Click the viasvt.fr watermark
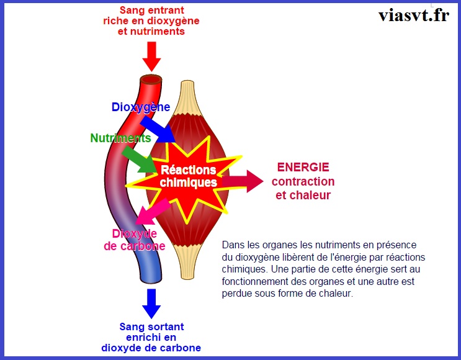(x=413, y=15)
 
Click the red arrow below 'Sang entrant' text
(x=151, y=56)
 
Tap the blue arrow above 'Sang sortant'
(x=151, y=302)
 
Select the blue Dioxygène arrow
(x=162, y=128)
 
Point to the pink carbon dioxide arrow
(x=150, y=212)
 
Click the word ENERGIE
(x=303, y=168)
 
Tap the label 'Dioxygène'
(x=141, y=107)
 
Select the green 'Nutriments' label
(x=120, y=138)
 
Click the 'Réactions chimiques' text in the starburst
(x=189, y=176)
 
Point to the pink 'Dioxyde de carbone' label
(x=135, y=240)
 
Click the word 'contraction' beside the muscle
(x=303, y=182)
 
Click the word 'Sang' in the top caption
(x=132, y=10)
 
